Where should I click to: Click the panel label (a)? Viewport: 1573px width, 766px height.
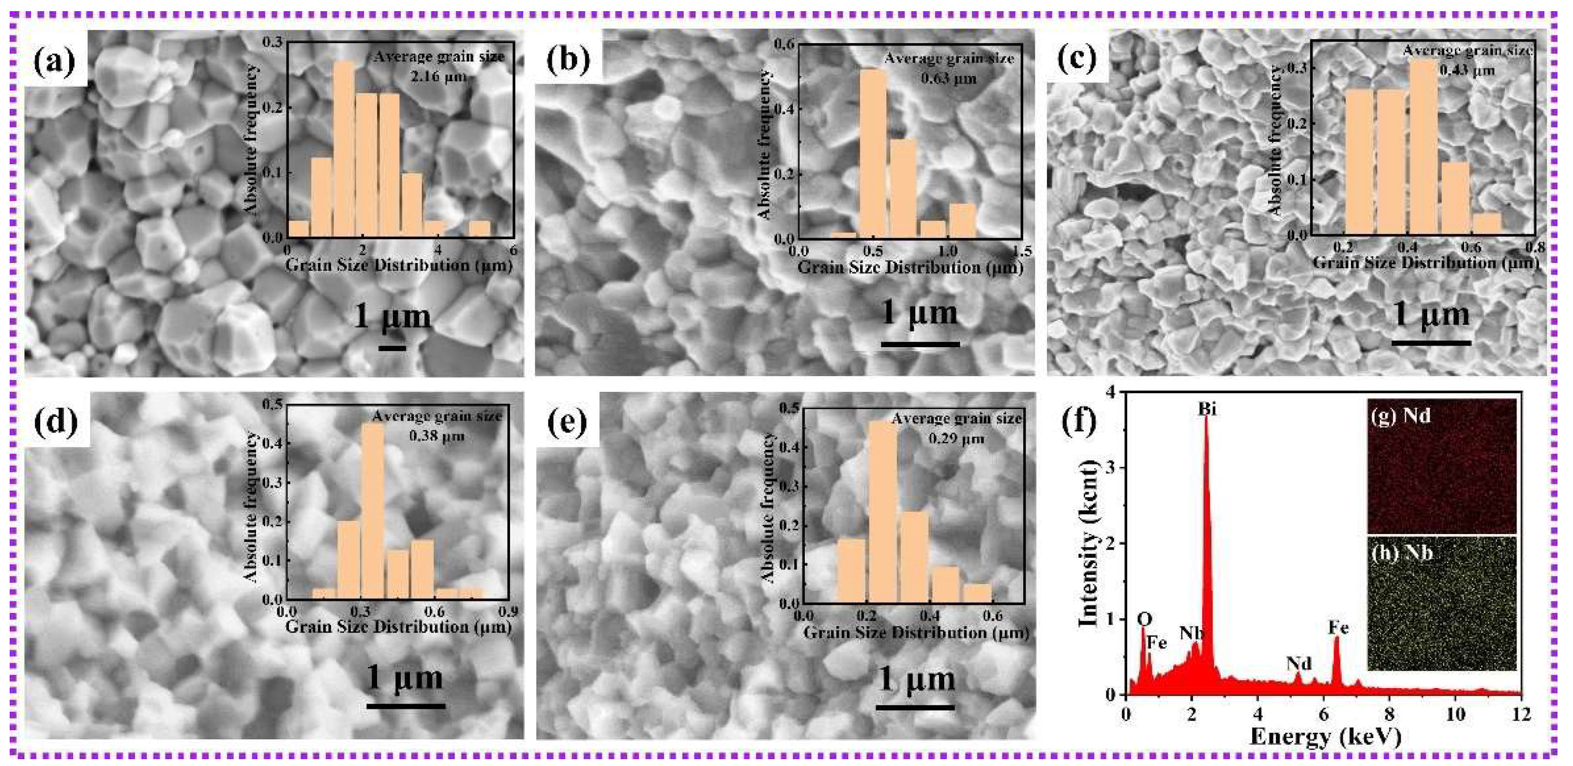click(55, 61)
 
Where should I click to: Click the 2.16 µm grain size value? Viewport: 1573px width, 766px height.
click(437, 77)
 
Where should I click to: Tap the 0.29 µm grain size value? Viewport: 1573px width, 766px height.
click(956, 439)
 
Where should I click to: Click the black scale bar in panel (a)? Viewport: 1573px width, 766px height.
click(392, 348)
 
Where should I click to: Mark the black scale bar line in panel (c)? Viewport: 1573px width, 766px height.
click(1431, 343)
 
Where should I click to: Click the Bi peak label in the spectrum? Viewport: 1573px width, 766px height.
click(1207, 409)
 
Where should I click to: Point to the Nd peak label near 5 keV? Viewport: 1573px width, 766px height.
click(1299, 663)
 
